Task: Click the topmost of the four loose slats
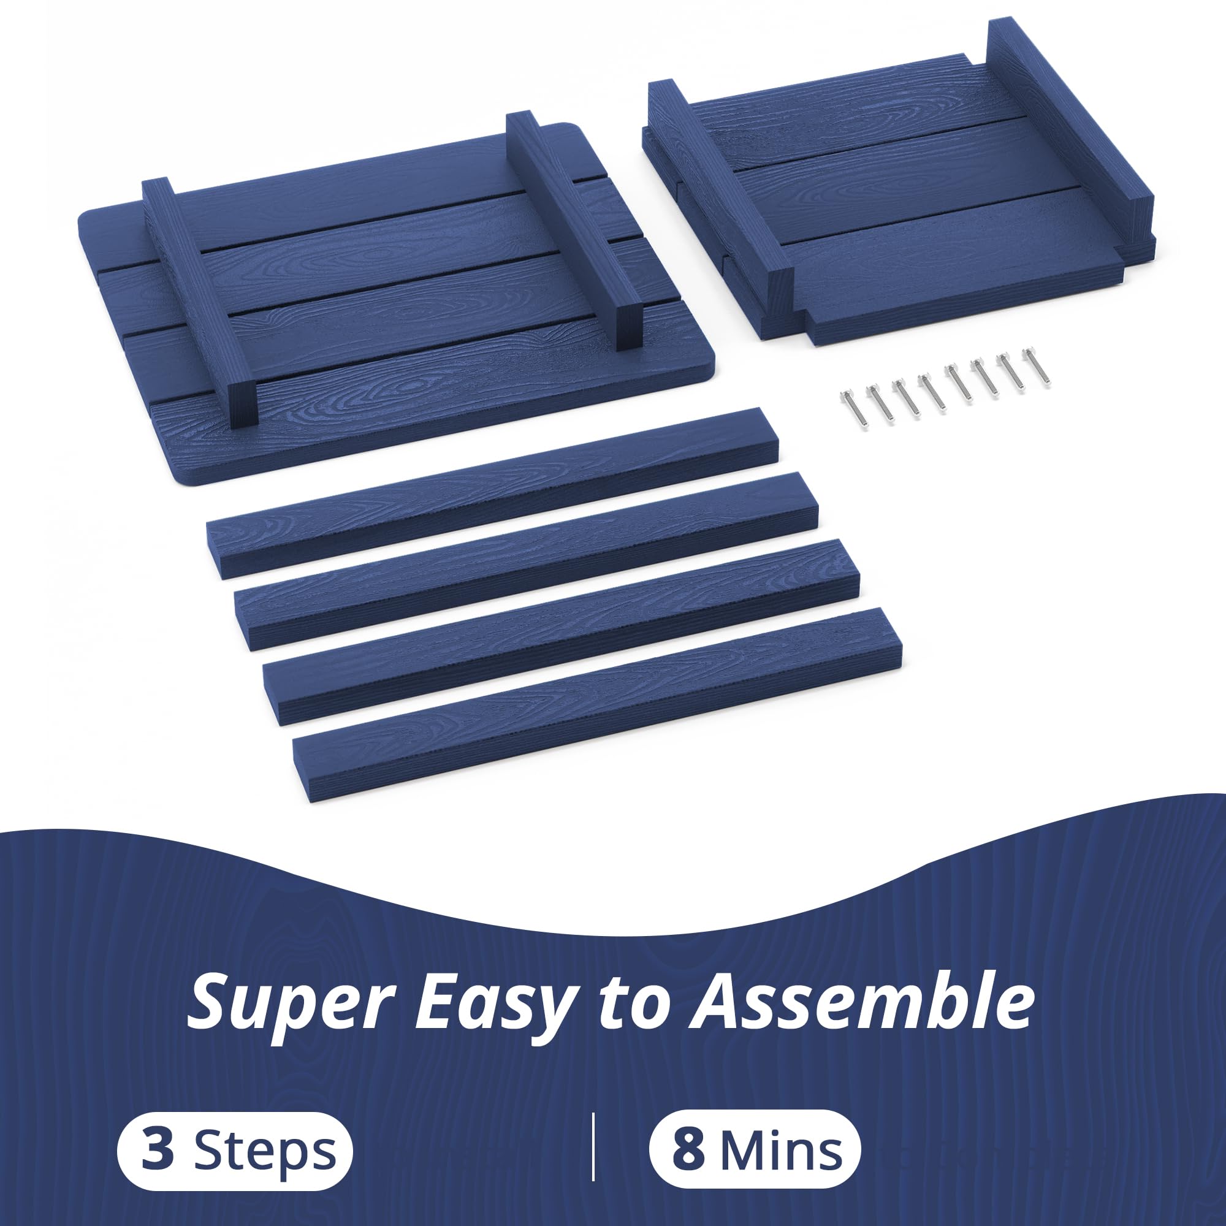point(492,492)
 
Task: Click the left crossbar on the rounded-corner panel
point(199,305)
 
